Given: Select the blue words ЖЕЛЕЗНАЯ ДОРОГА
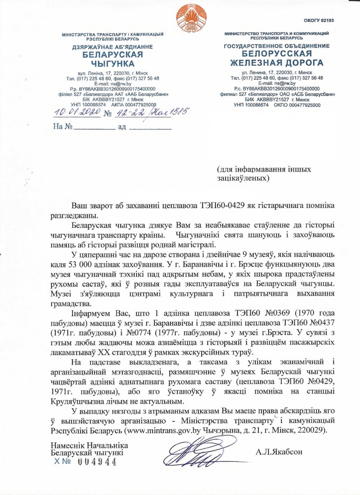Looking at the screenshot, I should coord(276,63).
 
